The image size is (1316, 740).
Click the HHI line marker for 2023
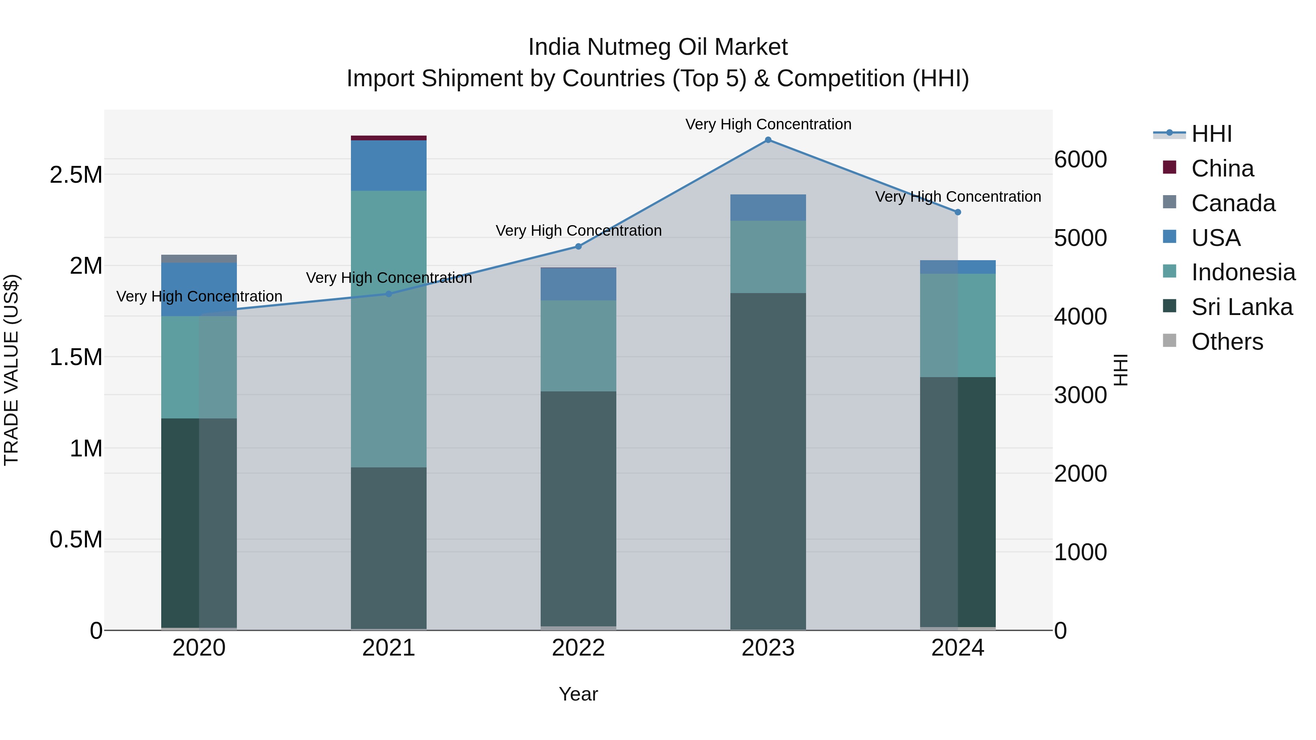pos(768,140)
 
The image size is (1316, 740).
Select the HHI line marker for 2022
pos(578,246)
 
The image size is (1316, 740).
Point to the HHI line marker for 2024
pos(958,212)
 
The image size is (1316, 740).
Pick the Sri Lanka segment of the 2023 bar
pos(768,460)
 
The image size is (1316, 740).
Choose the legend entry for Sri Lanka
pos(1241,307)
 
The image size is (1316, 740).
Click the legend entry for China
pos(1222,168)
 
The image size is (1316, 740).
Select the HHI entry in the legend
pos(1211,134)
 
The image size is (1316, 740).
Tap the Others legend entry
pos(1226,342)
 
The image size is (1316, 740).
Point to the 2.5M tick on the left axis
pos(76,175)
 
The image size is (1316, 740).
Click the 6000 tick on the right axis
pos(1080,159)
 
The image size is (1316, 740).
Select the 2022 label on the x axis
pos(578,648)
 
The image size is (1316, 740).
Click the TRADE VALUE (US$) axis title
pos(11,370)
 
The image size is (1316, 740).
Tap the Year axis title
pos(578,694)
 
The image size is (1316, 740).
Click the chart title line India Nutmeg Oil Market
pos(658,47)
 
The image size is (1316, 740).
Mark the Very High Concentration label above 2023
pos(768,124)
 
